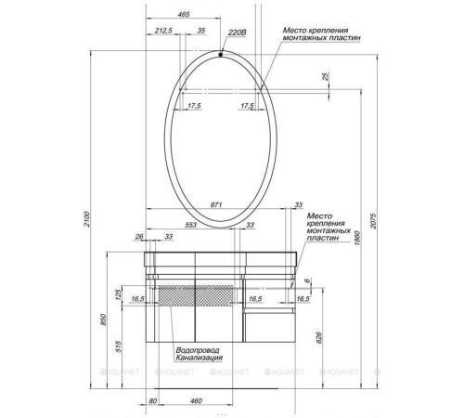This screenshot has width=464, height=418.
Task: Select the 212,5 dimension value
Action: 165,31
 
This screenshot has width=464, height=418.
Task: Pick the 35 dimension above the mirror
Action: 200,31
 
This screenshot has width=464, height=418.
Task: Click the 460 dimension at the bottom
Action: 195,400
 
